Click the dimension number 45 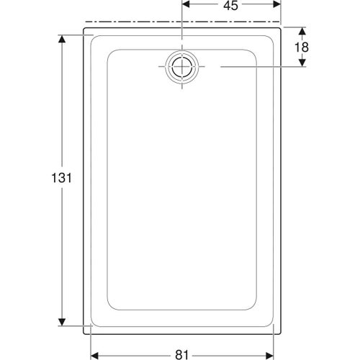230,6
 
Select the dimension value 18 302,47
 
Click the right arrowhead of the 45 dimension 276,5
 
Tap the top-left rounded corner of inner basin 111,53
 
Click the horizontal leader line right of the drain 259,67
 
